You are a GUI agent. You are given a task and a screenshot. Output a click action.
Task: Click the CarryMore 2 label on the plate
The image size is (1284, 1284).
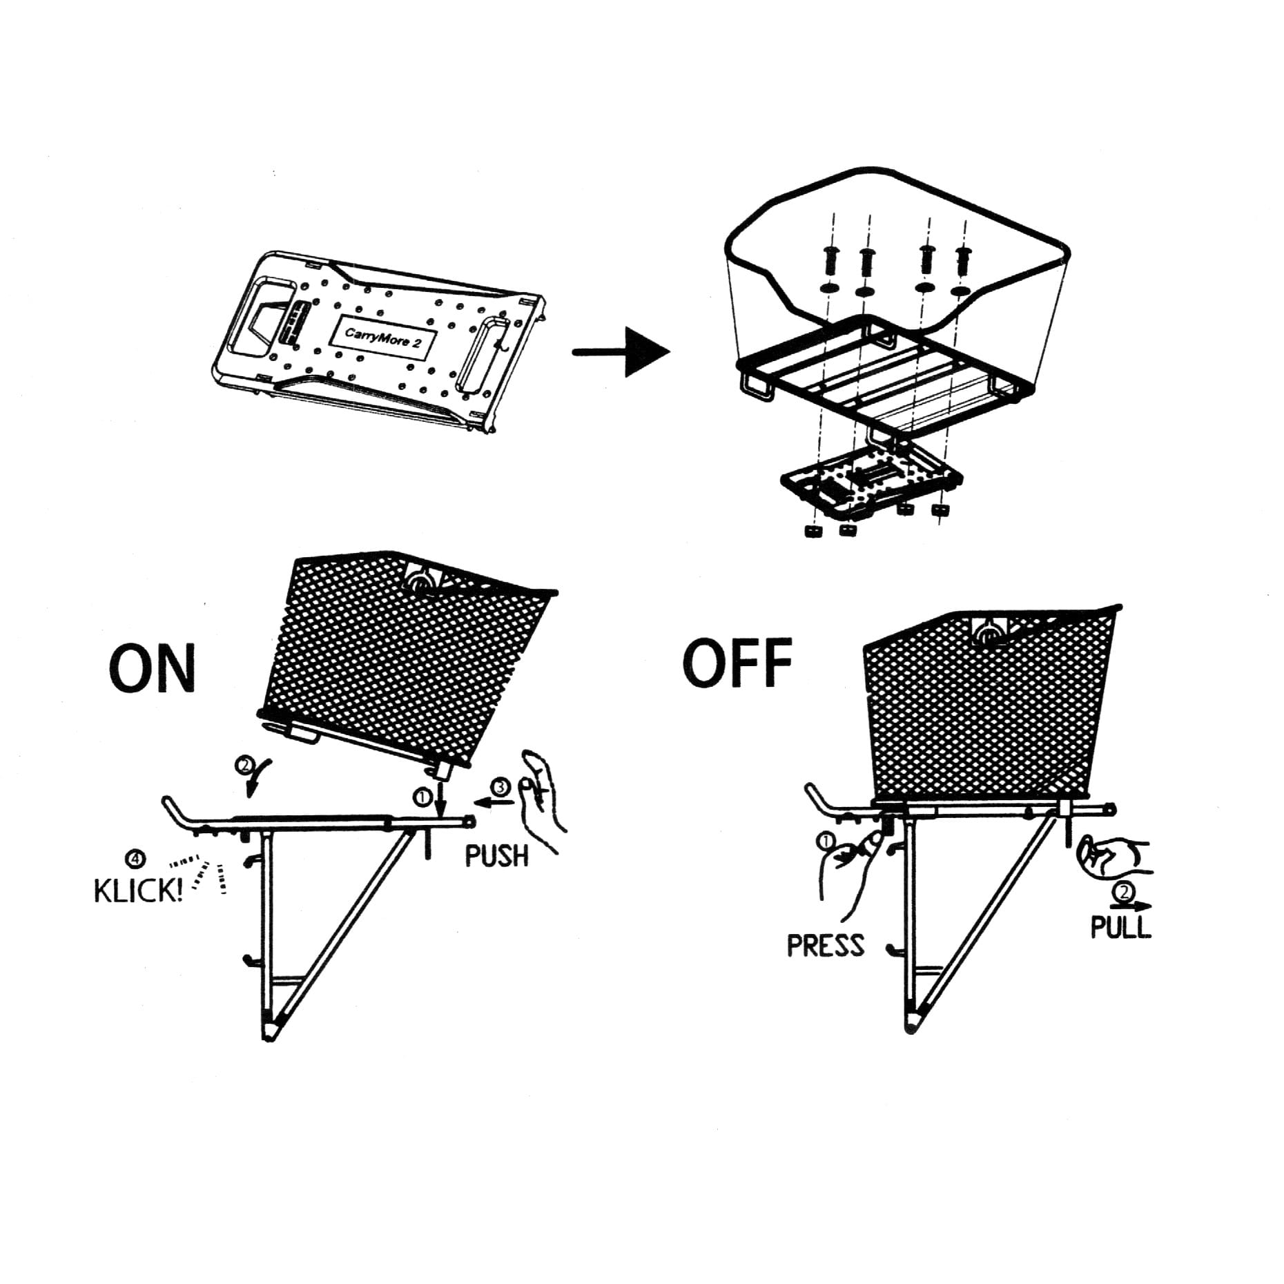pos(383,338)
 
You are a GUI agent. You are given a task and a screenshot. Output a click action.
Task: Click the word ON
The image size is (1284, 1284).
pos(153,668)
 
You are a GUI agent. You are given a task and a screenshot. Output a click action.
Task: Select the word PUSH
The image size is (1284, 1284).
pos(496,856)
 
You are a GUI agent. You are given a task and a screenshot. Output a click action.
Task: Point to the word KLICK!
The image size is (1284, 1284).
pos(138,891)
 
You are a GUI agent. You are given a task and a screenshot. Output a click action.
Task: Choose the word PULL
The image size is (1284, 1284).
pos(1121,927)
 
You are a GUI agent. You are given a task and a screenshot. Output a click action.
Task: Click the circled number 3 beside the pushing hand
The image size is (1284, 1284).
pos(501,787)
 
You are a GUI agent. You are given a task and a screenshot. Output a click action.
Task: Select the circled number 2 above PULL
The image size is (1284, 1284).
pos(1125,893)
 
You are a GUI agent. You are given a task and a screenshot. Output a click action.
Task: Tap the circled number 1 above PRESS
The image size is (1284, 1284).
pos(826,841)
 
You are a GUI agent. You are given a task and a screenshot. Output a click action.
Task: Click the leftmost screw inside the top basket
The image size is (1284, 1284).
pos(831,260)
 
